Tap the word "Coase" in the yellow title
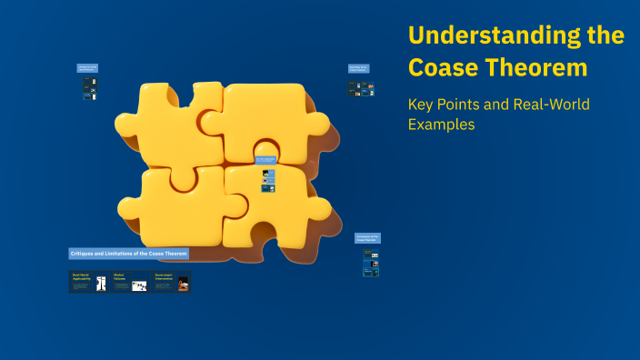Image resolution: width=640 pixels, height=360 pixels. pyautogui.click(x=441, y=67)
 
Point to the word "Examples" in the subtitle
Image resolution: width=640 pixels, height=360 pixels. pyautogui.click(x=441, y=125)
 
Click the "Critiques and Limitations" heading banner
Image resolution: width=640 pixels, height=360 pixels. pyautogui.click(x=128, y=253)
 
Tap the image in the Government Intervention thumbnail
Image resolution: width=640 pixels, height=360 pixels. pyautogui.click(x=184, y=284)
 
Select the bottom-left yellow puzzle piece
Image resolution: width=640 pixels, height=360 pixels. pyautogui.click(x=173, y=205)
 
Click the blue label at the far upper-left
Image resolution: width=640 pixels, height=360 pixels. pyautogui.click(x=87, y=67)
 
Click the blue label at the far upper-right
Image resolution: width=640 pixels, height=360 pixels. pyautogui.click(x=358, y=68)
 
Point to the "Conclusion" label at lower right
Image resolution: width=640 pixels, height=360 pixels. pyautogui.click(x=367, y=238)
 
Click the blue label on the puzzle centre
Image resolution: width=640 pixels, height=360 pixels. pyautogui.click(x=265, y=160)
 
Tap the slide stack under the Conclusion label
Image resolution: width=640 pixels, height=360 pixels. pyautogui.click(x=371, y=262)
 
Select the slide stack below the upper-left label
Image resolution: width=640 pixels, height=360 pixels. pyautogui.click(x=90, y=88)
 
